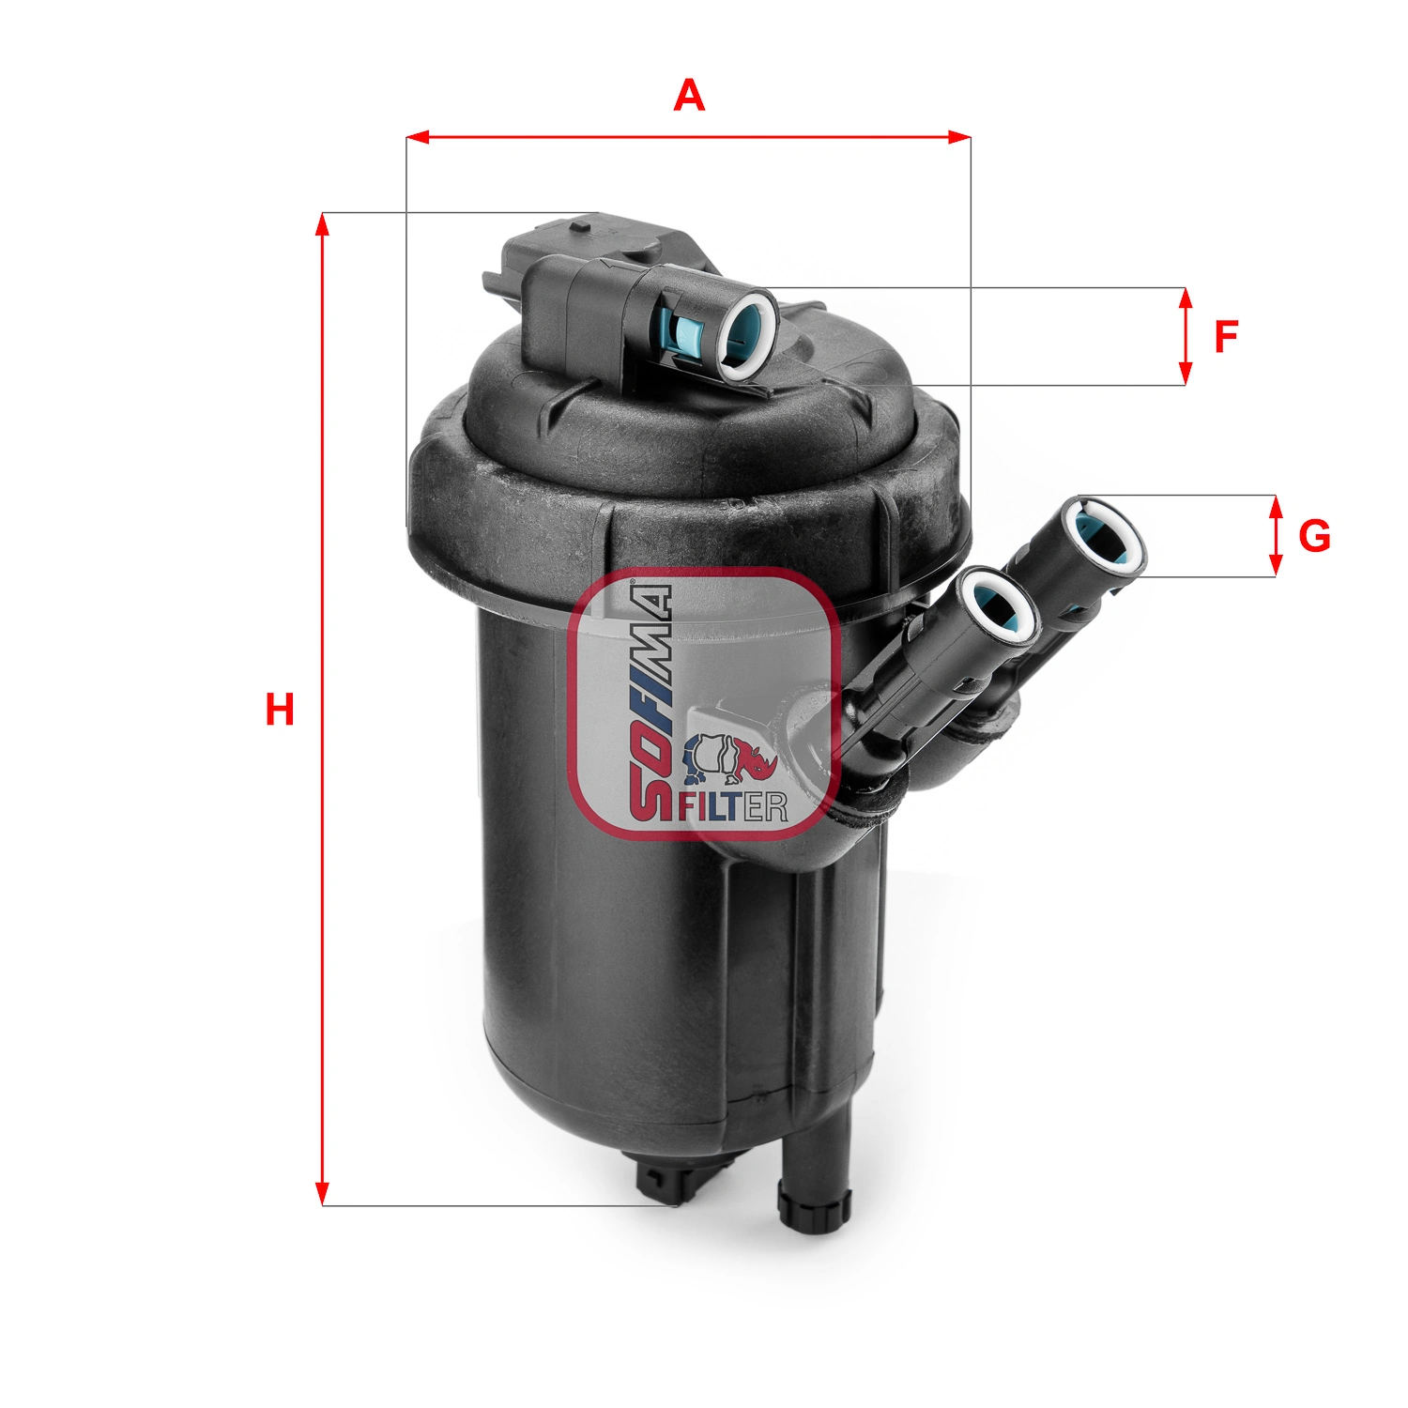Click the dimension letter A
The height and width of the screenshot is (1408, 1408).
689,96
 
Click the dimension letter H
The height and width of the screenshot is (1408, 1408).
280,710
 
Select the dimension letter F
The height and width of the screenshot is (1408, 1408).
1226,337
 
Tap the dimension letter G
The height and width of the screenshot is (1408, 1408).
1314,536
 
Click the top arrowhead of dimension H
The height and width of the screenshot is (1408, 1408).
322,223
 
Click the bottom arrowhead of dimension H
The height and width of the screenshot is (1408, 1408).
322,1194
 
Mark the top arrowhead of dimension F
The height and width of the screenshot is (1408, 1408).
1186,298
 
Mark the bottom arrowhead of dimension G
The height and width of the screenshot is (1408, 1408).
1275,566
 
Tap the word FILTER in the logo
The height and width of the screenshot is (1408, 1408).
734,806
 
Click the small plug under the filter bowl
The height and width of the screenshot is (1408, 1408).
660,1183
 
